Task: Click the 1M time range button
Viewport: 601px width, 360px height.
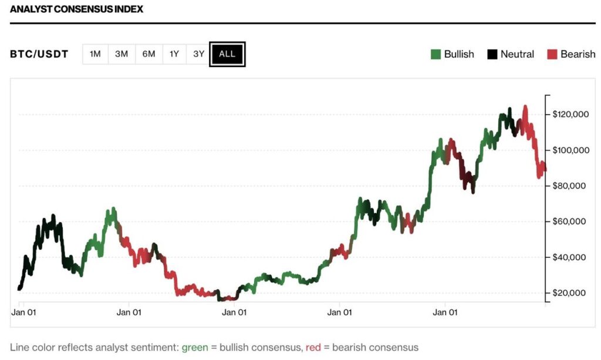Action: click(x=95, y=54)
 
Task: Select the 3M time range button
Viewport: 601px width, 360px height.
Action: click(x=121, y=54)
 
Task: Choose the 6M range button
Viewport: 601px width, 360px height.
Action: click(x=148, y=54)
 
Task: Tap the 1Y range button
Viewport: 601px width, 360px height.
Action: click(x=174, y=54)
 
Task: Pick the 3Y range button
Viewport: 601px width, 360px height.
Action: click(x=199, y=54)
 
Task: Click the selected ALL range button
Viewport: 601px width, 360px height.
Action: click(x=227, y=54)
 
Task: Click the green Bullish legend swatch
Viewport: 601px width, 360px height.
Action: click(x=435, y=55)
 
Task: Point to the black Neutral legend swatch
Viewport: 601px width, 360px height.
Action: click(x=492, y=55)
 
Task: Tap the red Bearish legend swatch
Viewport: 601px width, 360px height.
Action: click(x=552, y=55)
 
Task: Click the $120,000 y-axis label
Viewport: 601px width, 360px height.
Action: click(x=570, y=115)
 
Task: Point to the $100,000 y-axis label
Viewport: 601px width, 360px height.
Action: click(x=570, y=150)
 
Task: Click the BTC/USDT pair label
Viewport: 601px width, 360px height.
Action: click(x=39, y=55)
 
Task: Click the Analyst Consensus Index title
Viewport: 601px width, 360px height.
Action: click(x=76, y=9)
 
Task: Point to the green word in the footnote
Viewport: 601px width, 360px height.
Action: click(x=195, y=347)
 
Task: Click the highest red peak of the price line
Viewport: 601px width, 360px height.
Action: click(x=525, y=107)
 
